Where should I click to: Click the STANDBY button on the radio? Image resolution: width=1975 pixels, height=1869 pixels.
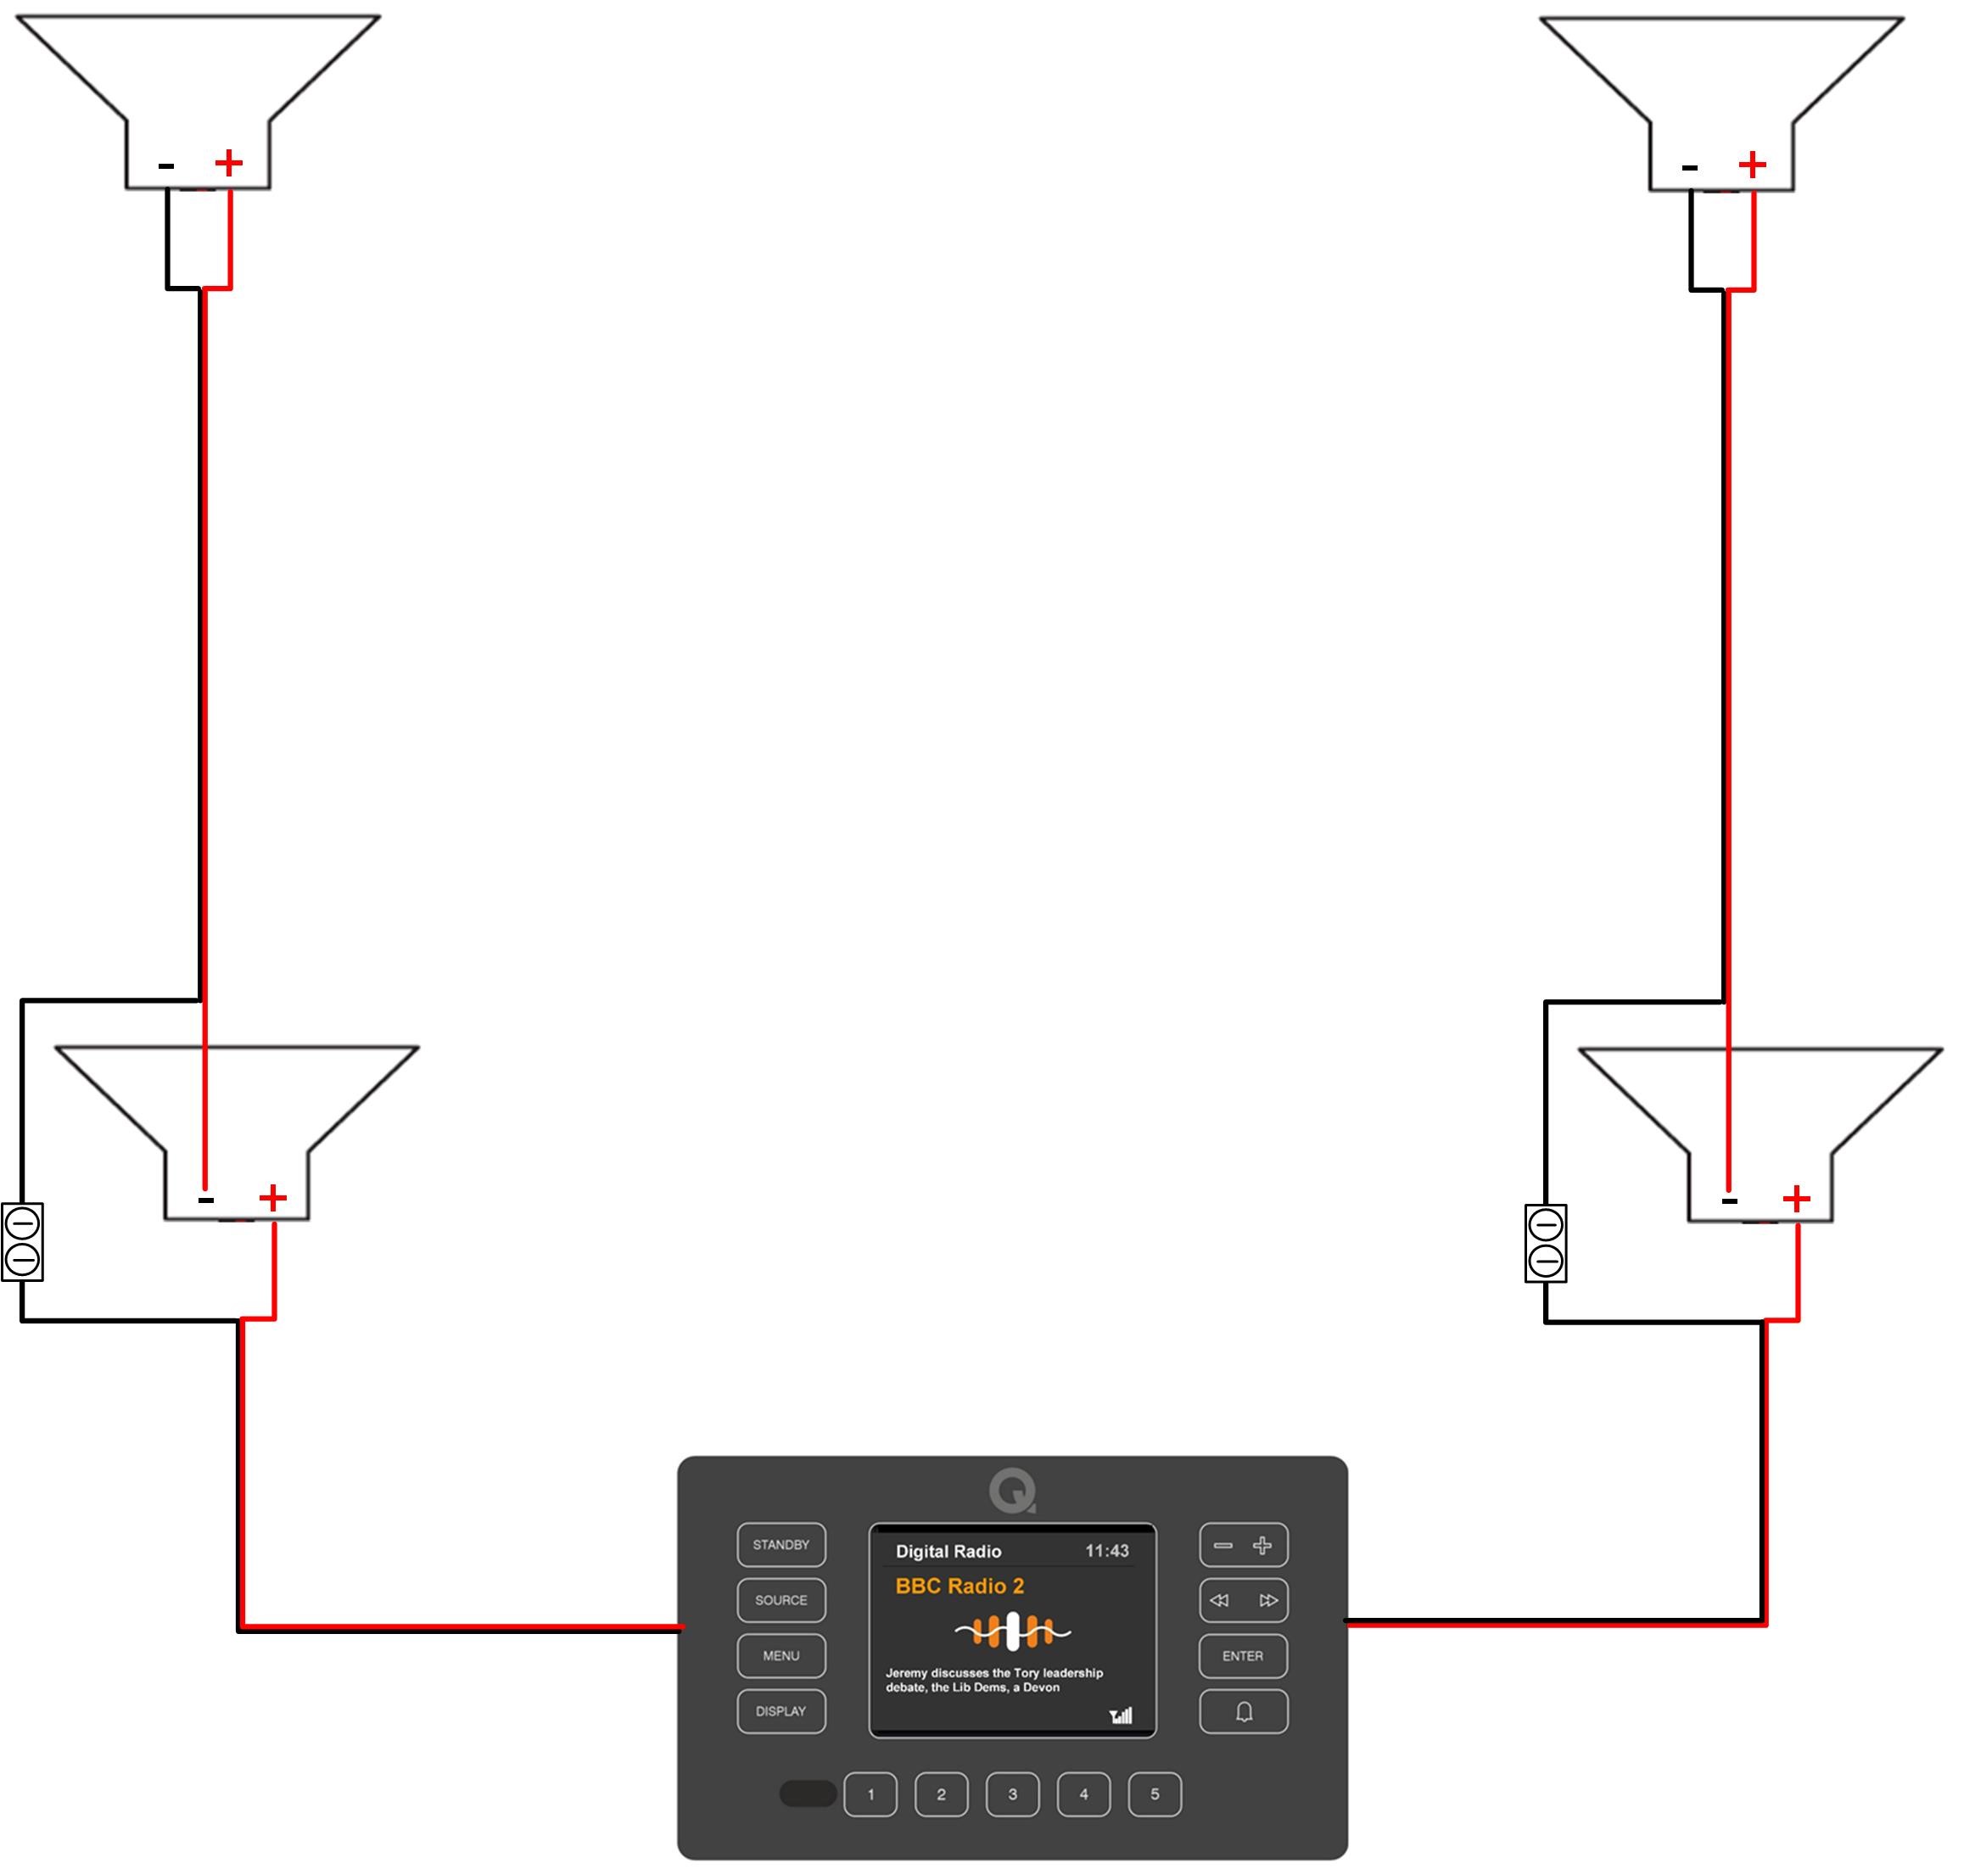[781, 1545]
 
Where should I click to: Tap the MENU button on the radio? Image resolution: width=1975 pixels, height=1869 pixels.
[781, 1656]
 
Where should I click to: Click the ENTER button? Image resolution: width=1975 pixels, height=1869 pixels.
[1243, 1656]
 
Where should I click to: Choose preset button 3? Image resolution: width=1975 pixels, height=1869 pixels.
[1012, 1794]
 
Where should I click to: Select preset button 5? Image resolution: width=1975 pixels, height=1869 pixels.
[1155, 1794]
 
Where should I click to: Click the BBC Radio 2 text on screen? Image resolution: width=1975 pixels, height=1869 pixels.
[960, 1586]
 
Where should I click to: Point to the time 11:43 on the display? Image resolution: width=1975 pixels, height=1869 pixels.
[1106, 1551]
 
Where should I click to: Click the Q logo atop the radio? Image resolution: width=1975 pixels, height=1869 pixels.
[1012, 1491]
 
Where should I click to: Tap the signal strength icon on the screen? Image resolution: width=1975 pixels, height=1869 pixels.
[1121, 1715]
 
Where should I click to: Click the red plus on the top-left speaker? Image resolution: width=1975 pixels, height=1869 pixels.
[229, 162]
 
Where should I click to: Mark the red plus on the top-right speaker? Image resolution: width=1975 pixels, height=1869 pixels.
[1753, 165]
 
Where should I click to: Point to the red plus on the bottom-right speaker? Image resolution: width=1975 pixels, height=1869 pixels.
[1797, 1199]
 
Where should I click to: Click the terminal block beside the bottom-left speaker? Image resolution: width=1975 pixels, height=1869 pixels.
[23, 1242]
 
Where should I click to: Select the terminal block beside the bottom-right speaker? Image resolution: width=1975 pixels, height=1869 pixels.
[1546, 1244]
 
